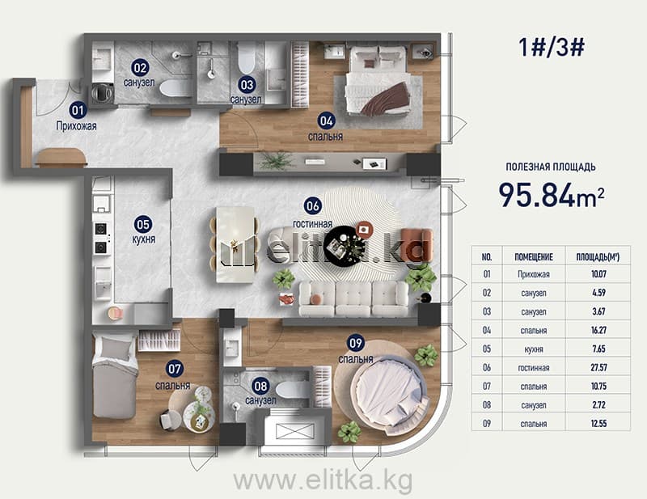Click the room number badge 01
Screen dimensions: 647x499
click(x=78, y=110)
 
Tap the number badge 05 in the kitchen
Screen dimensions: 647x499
click(x=143, y=225)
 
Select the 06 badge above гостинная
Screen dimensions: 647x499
click(x=312, y=205)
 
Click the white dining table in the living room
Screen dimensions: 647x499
click(x=235, y=244)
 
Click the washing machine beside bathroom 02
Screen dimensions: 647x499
click(x=102, y=94)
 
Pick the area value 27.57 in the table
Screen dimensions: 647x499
click(x=598, y=367)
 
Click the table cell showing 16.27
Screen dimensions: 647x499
click(x=598, y=330)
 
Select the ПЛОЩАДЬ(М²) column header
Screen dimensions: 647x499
click(x=598, y=256)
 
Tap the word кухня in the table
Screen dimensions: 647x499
click(x=534, y=349)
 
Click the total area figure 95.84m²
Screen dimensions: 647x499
click(x=552, y=195)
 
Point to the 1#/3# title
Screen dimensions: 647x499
click(x=551, y=48)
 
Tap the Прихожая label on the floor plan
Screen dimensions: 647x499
click(x=76, y=126)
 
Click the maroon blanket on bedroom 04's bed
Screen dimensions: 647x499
click(x=385, y=98)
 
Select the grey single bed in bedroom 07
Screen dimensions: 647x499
click(x=115, y=375)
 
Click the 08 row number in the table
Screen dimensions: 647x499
click(x=487, y=405)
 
